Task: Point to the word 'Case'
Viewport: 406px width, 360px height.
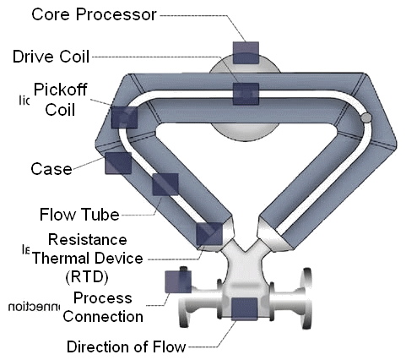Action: pyautogui.click(x=50, y=168)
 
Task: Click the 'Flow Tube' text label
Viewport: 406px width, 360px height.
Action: pyautogui.click(x=78, y=212)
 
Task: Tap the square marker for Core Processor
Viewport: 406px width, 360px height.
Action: pyautogui.click(x=246, y=52)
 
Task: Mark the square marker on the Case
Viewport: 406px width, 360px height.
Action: pyautogui.click(x=116, y=163)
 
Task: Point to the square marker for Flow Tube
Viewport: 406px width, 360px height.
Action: pyautogui.click(x=164, y=185)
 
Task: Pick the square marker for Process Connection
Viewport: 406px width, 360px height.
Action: pyautogui.click(x=176, y=281)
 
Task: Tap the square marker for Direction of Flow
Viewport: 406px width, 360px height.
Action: pyautogui.click(x=244, y=310)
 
